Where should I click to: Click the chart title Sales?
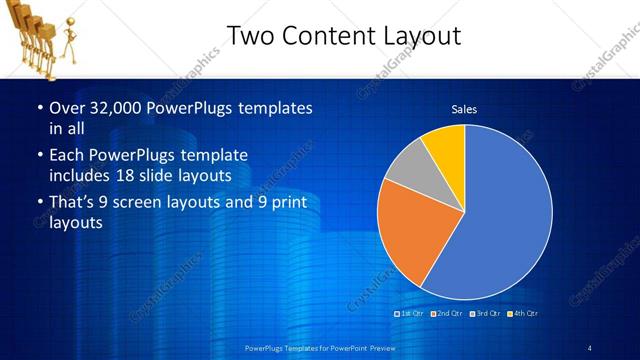[464, 109]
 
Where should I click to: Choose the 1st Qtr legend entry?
[411, 314]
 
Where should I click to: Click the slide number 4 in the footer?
[590, 348]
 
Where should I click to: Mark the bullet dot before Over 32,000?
[39, 108]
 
